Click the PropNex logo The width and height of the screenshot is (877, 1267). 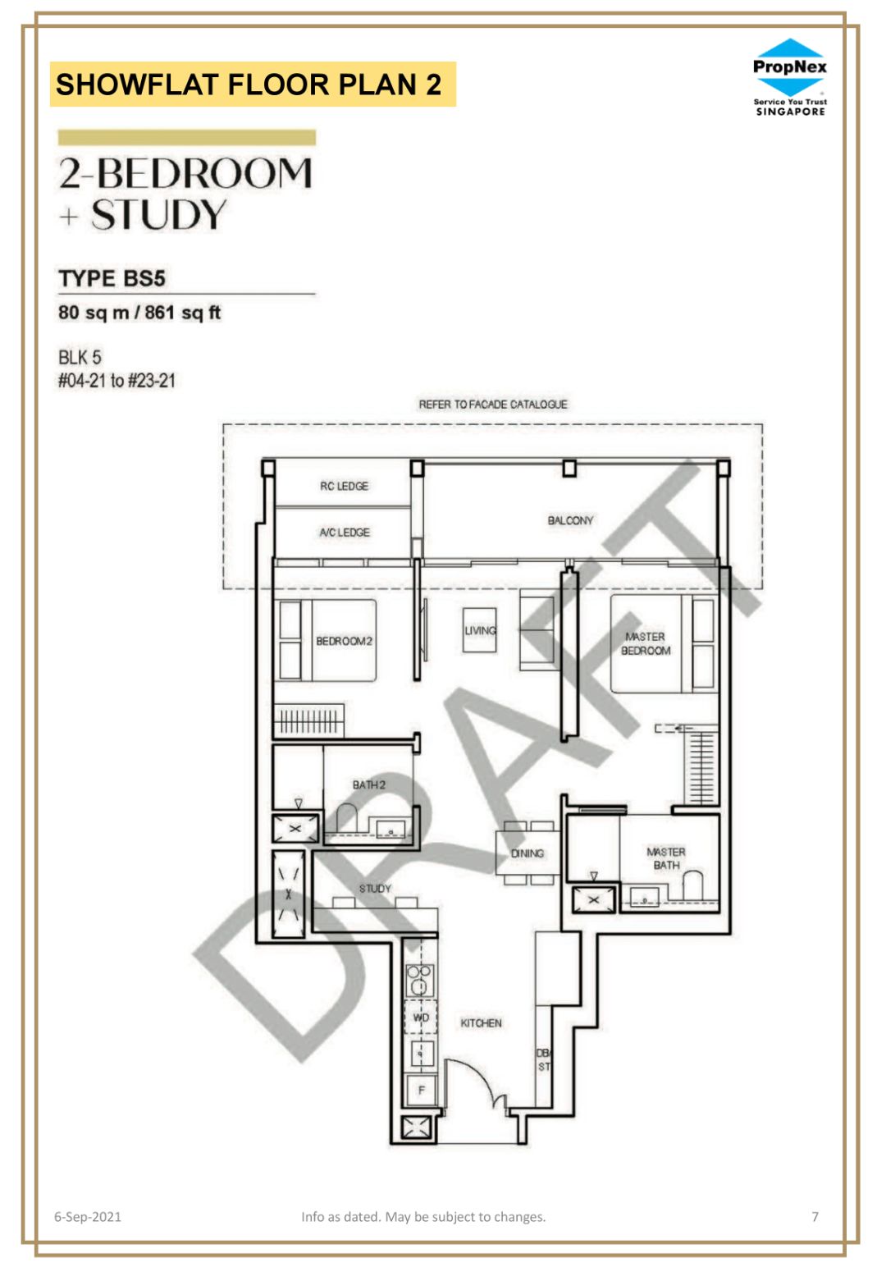[x=789, y=77]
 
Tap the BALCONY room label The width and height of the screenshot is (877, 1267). [x=570, y=520]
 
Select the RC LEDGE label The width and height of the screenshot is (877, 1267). [x=344, y=486]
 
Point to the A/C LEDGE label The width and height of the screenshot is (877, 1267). [x=345, y=533]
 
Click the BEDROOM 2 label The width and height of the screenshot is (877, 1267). [x=344, y=641]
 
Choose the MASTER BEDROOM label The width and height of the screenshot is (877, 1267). [x=646, y=643]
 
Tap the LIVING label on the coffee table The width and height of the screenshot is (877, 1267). [x=480, y=630]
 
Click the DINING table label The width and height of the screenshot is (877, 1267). [x=527, y=853]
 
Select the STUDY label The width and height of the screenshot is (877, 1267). [x=375, y=889]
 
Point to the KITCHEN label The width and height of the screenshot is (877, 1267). [x=481, y=1023]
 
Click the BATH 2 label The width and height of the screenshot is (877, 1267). [x=368, y=784]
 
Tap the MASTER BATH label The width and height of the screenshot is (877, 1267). [x=666, y=858]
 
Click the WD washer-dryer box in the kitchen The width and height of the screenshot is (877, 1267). [x=420, y=1018]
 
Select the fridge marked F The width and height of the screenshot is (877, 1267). [x=421, y=1090]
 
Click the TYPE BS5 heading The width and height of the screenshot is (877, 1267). [x=112, y=278]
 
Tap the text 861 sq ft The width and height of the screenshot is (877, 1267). [x=183, y=312]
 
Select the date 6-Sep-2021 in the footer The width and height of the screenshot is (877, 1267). [x=88, y=1217]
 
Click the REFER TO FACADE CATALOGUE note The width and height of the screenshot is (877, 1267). [x=492, y=405]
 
